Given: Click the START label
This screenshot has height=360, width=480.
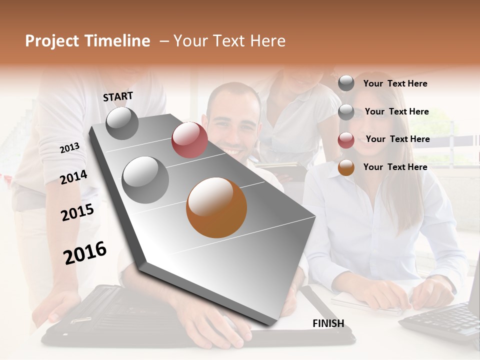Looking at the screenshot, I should pyautogui.click(x=118, y=96).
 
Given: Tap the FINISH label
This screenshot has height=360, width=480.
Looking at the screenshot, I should pyautogui.click(x=328, y=323).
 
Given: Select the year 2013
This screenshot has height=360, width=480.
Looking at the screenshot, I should pyautogui.click(x=69, y=148).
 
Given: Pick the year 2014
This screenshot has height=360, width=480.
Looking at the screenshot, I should pyautogui.click(x=73, y=177).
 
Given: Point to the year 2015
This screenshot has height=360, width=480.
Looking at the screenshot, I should pyautogui.click(x=77, y=212).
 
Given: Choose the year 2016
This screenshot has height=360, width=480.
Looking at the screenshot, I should pyautogui.click(x=85, y=252).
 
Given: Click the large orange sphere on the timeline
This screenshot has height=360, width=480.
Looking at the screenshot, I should pyautogui.click(x=216, y=207).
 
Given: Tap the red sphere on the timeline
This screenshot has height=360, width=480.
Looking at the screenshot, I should pyautogui.click(x=189, y=140).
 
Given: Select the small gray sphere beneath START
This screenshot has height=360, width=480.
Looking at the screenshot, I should pyautogui.click(x=122, y=123).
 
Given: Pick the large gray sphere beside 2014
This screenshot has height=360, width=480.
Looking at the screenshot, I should pyautogui.click(x=145, y=179).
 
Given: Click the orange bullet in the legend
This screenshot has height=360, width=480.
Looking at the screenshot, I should pyautogui.click(x=346, y=167).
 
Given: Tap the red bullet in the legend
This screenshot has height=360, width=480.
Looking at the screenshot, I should pyautogui.click(x=346, y=140).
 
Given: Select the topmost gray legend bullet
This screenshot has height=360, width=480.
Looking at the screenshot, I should pyautogui.click(x=346, y=83).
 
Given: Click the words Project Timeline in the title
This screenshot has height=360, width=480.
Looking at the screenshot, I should pyautogui.click(x=87, y=41).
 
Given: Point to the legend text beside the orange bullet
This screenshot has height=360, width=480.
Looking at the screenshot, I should pyautogui.click(x=395, y=167).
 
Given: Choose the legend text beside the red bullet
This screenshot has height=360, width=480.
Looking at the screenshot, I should pyautogui.click(x=397, y=139).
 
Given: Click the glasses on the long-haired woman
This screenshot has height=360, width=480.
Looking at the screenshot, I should pyautogui.click(x=362, y=114).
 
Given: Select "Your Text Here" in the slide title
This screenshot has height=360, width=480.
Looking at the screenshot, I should pyautogui.click(x=229, y=41).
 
